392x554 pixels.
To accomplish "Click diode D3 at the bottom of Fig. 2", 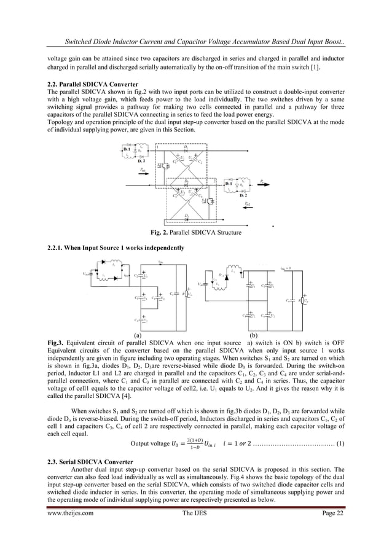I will [186, 217].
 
